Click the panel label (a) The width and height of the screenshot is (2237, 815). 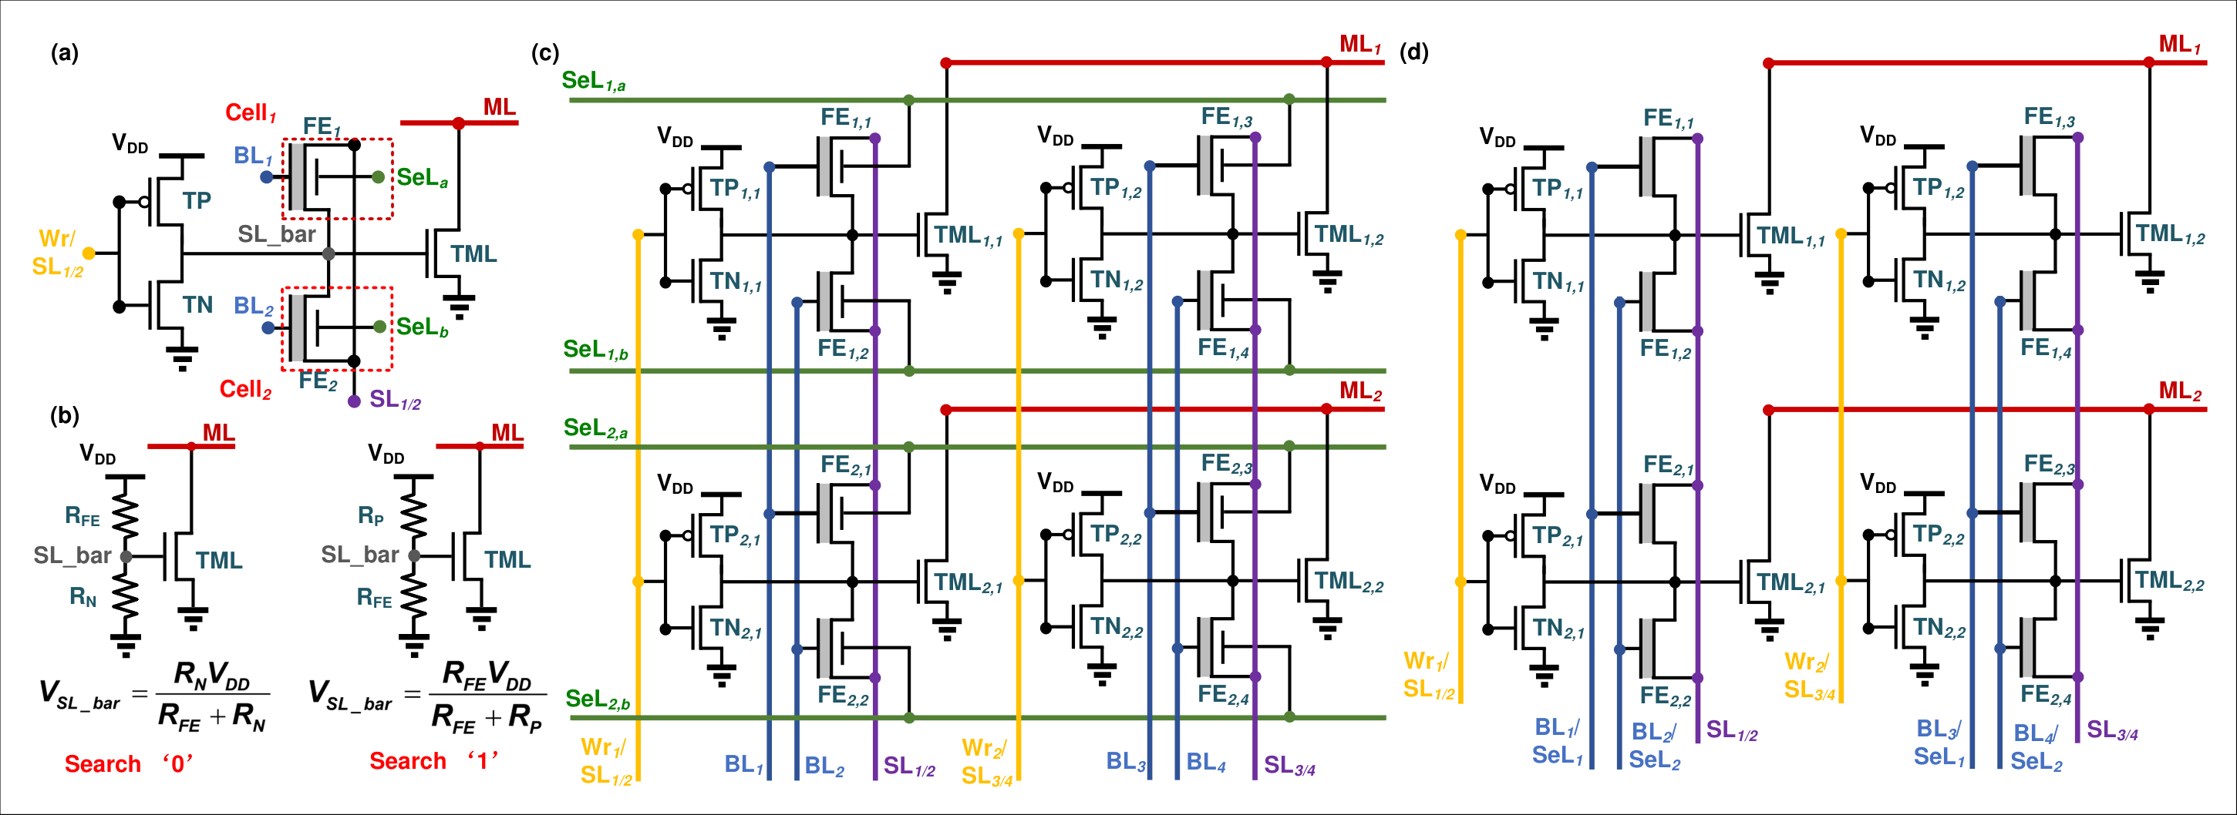(x=64, y=54)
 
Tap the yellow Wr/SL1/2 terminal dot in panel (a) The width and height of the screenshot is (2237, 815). (x=89, y=253)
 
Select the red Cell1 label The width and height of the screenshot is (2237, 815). (x=250, y=112)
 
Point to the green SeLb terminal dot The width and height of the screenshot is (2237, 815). (x=379, y=327)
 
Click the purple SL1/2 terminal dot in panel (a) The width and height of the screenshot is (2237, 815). (x=354, y=401)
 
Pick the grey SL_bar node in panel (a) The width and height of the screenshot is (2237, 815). (x=328, y=253)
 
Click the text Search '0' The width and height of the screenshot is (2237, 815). (x=129, y=764)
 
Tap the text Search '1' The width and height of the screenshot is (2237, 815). (x=433, y=761)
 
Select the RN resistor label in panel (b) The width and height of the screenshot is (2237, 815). (x=83, y=597)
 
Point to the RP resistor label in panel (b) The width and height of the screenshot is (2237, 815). (x=371, y=516)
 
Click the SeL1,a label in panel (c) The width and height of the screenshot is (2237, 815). (x=593, y=82)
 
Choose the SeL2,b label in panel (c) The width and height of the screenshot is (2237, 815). (x=598, y=699)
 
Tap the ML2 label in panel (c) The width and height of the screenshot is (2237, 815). (x=1360, y=391)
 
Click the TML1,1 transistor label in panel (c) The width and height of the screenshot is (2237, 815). (x=969, y=235)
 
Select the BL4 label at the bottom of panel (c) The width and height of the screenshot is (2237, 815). (x=1205, y=762)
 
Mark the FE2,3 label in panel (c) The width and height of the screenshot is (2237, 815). (x=1226, y=465)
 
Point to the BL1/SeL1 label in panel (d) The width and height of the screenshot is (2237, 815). (x=1557, y=741)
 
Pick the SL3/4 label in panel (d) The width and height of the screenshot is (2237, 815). (x=2112, y=731)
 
